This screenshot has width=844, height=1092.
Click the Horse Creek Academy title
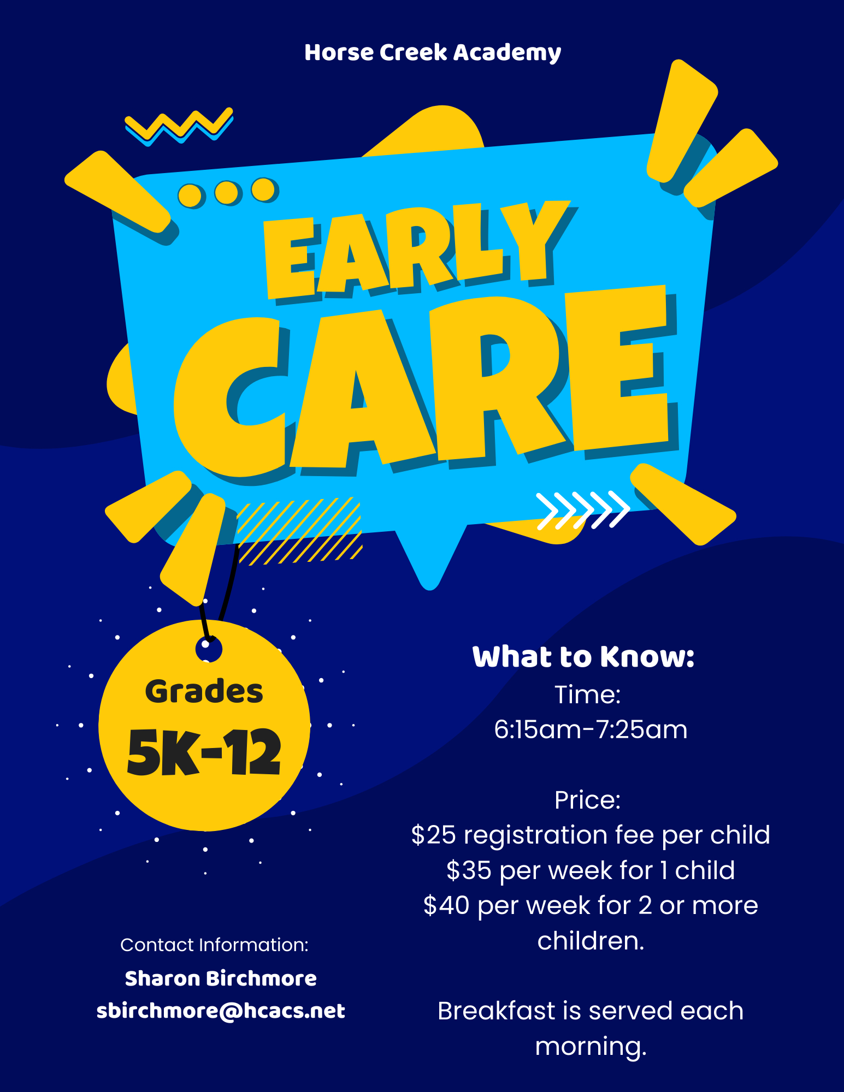(433, 53)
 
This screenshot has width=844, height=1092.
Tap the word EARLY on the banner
(418, 251)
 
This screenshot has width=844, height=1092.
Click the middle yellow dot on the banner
(226, 192)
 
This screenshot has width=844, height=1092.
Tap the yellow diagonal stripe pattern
(299, 531)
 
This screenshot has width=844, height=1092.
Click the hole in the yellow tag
(208, 649)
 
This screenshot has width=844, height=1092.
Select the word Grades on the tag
(204, 692)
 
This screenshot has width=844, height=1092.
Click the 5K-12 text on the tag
(204, 752)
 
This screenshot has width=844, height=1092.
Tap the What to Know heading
(583, 657)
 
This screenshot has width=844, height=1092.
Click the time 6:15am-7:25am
(591, 729)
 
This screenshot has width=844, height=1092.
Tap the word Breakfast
(497, 1011)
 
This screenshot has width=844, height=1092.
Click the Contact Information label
(214, 945)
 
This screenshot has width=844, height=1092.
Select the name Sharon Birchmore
(221, 978)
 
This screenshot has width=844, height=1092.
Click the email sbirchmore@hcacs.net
(221, 1011)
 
